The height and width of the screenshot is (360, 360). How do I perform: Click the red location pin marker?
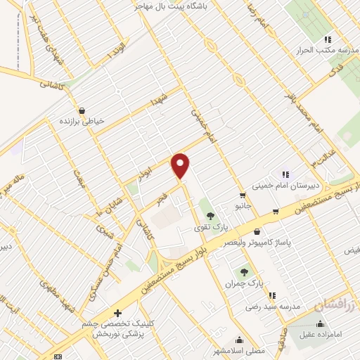tap(181, 165)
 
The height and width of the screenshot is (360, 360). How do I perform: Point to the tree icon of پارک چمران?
tap(245, 271)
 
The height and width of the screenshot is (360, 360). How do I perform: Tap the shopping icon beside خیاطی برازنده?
tap(82, 110)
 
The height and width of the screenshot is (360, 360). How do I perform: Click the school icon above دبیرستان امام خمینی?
tap(285, 174)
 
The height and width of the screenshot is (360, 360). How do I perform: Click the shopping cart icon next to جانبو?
tap(242, 196)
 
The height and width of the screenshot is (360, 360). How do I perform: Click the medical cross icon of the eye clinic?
tap(117, 313)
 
